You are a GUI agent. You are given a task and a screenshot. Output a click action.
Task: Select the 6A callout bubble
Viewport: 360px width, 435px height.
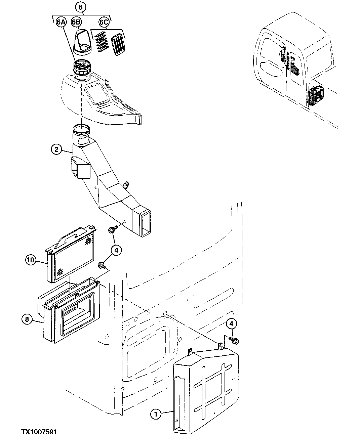pyautogui.click(x=61, y=23)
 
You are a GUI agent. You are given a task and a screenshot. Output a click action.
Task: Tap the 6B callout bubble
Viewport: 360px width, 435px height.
pyautogui.click(x=76, y=23)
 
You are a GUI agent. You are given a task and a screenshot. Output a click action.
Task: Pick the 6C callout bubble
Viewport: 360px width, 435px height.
pyautogui.click(x=104, y=23)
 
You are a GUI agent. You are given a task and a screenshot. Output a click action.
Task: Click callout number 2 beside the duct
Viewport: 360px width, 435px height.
pyautogui.click(x=56, y=149)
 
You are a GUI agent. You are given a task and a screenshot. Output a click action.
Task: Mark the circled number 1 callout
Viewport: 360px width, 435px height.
pyautogui.click(x=156, y=415)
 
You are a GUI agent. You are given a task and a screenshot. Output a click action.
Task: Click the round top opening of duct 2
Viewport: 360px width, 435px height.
pyautogui.click(x=81, y=129)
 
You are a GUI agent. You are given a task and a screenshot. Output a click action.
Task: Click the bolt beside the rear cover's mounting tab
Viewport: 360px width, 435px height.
pyautogui.click(x=234, y=340)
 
